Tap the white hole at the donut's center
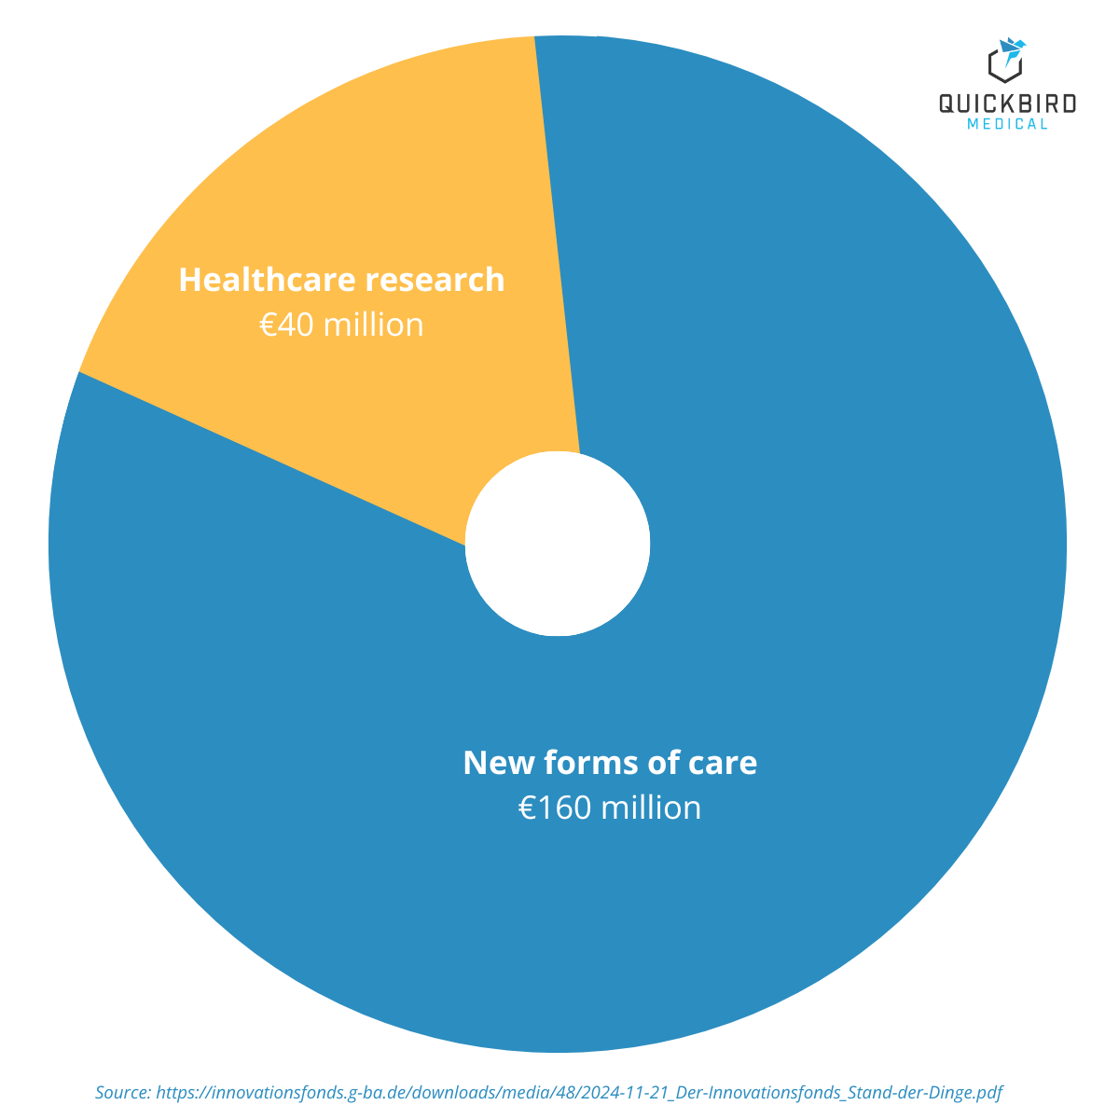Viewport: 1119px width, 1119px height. (x=558, y=545)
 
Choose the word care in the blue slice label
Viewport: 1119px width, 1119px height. (x=723, y=763)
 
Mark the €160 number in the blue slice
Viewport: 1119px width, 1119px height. (x=555, y=808)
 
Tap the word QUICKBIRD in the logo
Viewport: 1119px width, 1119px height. (x=1007, y=104)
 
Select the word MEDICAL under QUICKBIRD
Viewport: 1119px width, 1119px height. (x=1007, y=124)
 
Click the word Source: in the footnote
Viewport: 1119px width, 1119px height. (x=122, y=1092)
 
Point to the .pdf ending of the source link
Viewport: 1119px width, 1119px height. (x=988, y=1092)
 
